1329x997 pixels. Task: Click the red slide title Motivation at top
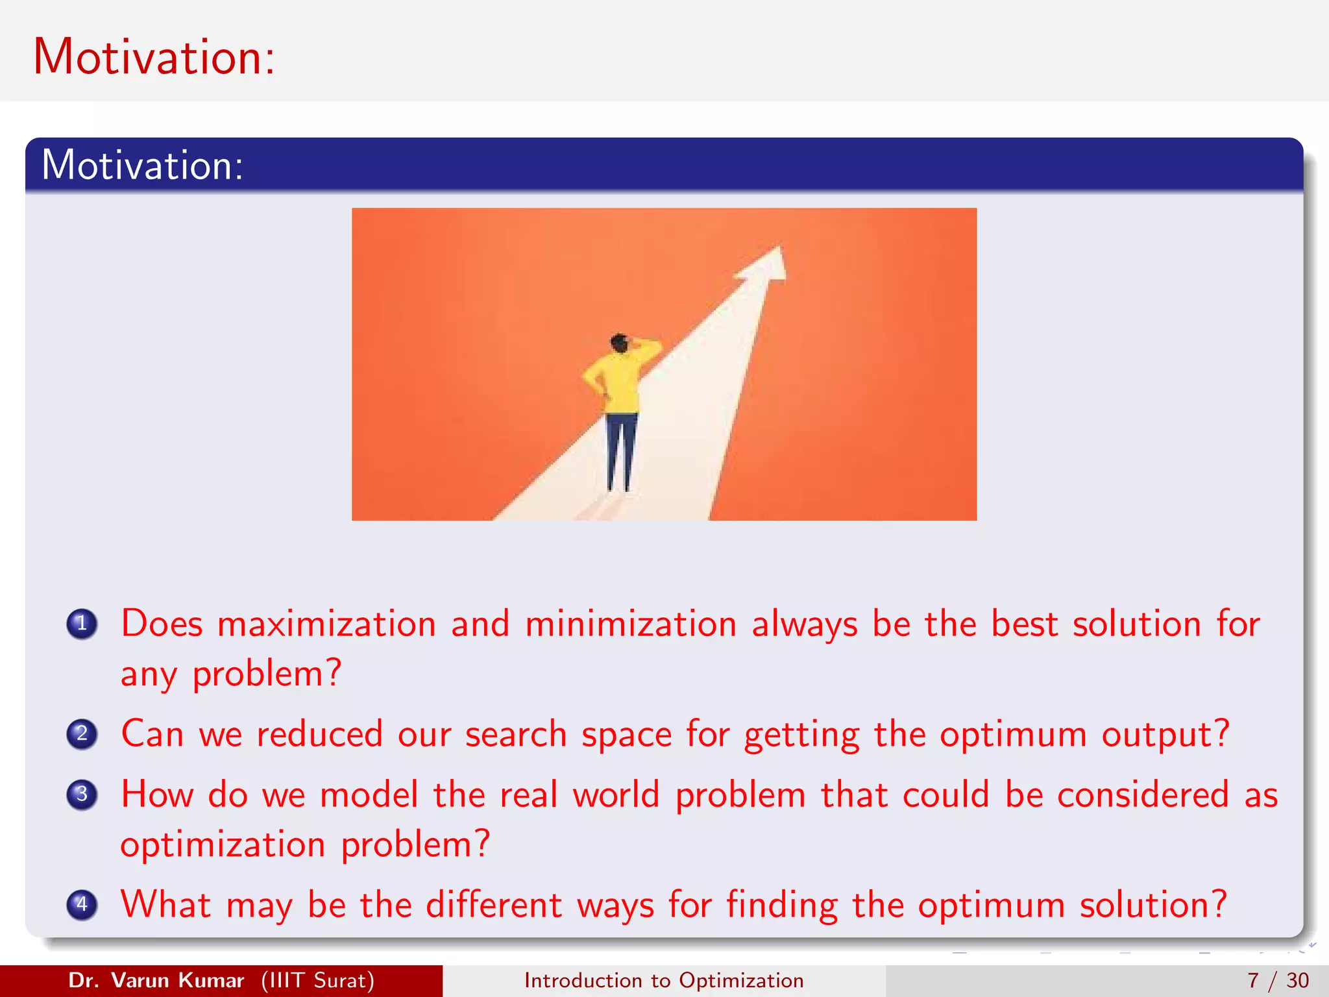point(154,57)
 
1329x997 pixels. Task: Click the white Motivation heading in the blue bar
point(142,166)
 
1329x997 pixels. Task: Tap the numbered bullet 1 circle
point(82,624)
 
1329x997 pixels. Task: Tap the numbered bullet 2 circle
point(82,734)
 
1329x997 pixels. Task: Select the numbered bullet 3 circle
point(82,794)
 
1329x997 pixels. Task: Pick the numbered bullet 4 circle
point(82,904)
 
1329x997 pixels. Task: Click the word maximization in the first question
point(326,624)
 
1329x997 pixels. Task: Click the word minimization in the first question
point(630,624)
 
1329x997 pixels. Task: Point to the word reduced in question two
point(319,735)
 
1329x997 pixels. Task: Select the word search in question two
point(516,735)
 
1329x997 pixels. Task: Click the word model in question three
point(369,795)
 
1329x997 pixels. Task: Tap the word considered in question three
point(1143,795)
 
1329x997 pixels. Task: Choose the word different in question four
point(493,905)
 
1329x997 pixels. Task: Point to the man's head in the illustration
point(620,343)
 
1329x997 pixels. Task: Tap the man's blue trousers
point(620,448)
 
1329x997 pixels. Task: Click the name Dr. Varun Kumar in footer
point(156,980)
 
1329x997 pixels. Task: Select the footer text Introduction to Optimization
point(664,980)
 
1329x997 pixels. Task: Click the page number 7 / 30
point(1278,980)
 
